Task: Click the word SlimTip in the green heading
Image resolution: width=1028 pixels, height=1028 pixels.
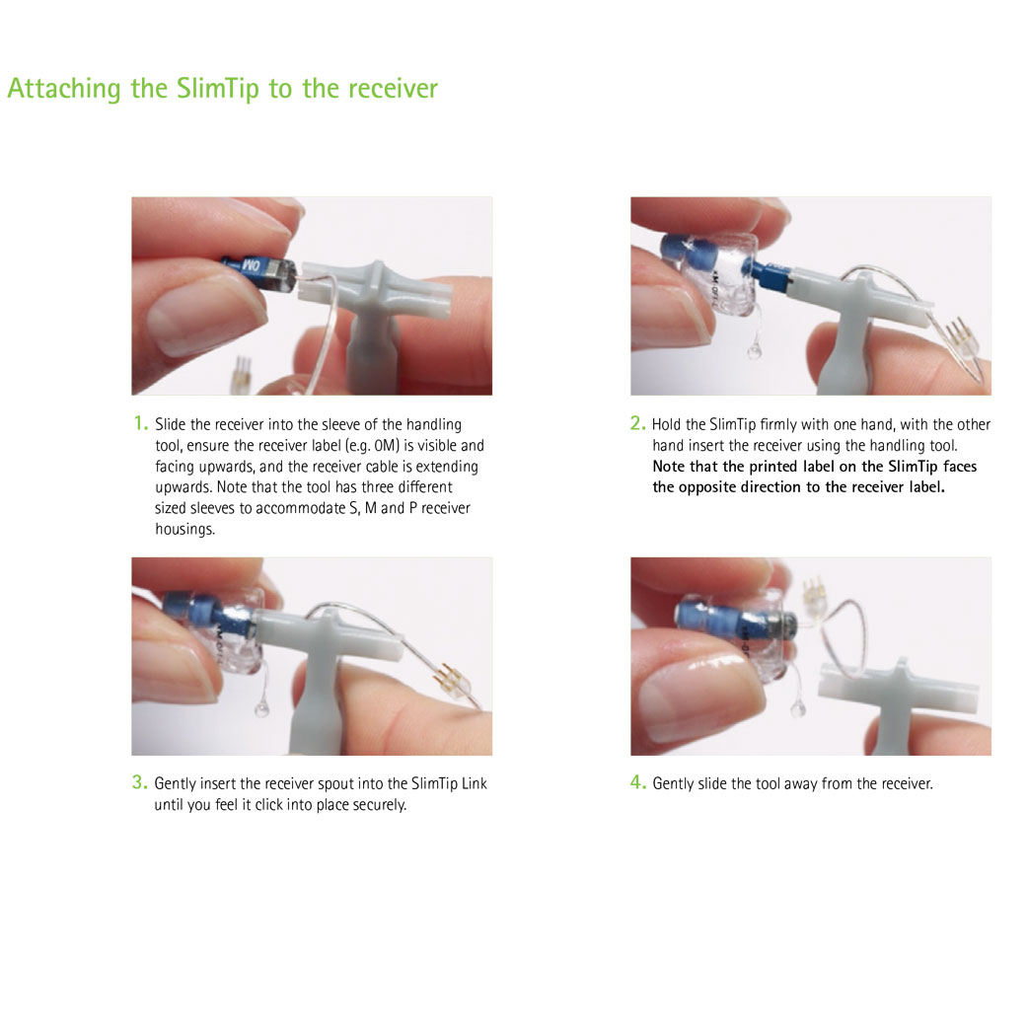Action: [x=218, y=89]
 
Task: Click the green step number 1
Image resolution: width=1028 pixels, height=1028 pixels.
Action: [x=140, y=423]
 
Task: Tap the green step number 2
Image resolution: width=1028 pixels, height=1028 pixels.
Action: [x=638, y=423]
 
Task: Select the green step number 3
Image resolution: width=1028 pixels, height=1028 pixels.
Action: [x=139, y=781]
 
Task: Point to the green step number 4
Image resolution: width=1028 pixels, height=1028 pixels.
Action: [x=638, y=781]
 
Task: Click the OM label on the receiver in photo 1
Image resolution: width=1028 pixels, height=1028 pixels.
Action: [x=252, y=265]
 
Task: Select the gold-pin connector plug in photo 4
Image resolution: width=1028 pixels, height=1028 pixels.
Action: [x=814, y=598]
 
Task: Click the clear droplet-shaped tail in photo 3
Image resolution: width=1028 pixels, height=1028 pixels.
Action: [x=261, y=708]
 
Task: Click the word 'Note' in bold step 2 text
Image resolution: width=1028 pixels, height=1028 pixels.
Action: [x=669, y=466]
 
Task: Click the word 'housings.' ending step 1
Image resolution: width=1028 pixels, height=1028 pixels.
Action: [x=184, y=530]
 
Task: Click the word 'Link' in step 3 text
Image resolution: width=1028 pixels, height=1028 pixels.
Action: [x=475, y=783]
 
